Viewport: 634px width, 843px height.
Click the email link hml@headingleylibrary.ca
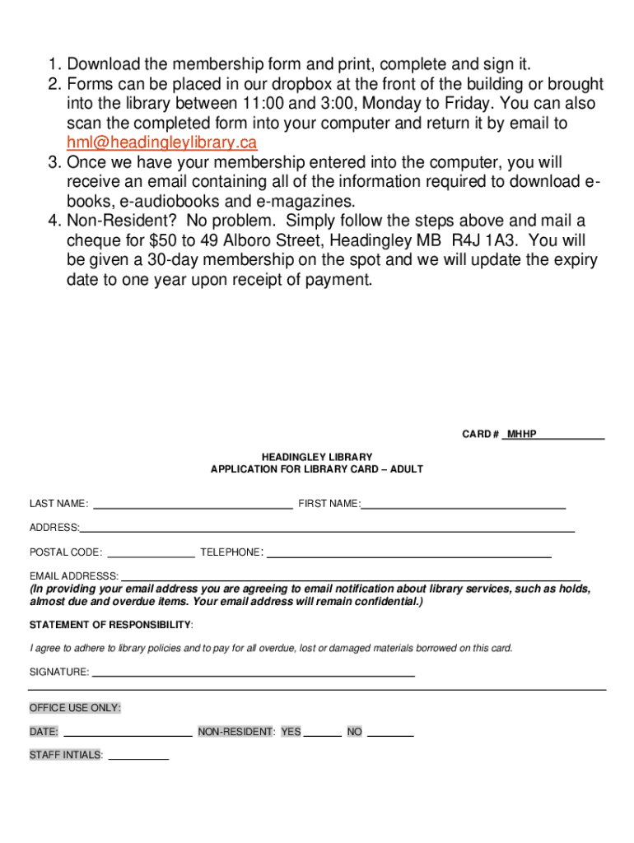click(x=162, y=143)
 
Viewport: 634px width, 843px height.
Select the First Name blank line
click(x=464, y=504)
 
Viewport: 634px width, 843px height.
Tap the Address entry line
click(x=327, y=528)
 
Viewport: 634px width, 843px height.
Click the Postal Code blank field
click(x=152, y=552)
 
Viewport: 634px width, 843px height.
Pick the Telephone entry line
click(x=409, y=552)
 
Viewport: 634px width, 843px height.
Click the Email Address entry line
click(x=351, y=576)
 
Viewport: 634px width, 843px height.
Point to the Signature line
click(x=254, y=673)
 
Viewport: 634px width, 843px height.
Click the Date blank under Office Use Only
click(x=128, y=732)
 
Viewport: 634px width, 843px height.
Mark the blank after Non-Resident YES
click(x=323, y=732)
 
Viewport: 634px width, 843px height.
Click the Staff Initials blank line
click(x=138, y=755)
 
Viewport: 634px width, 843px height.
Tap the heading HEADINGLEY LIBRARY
click(x=317, y=457)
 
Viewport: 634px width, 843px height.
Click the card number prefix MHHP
click(x=522, y=434)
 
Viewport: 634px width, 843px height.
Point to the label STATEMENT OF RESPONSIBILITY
click(x=110, y=625)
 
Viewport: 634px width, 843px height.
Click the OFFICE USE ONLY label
click(x=75, y=708)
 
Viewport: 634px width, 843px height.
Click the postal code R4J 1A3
click(x=486, y=240)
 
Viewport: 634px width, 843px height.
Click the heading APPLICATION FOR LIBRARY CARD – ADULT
click(x=317, y=469)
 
